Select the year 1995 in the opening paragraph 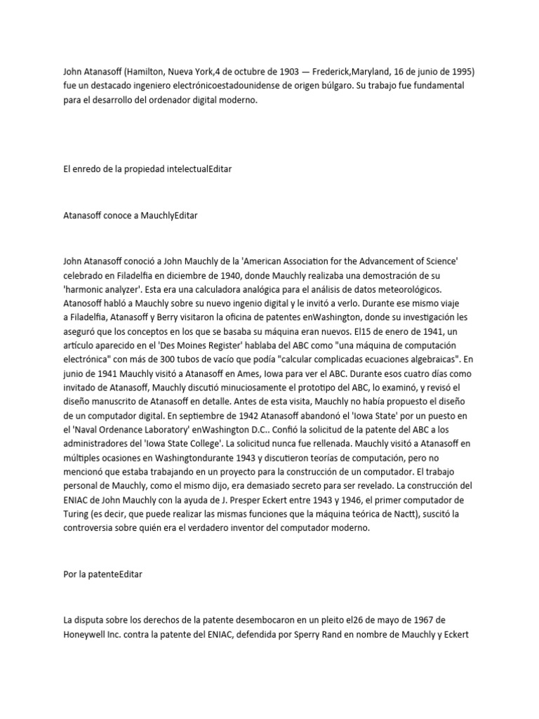pyautogui.click(x=456, y=71)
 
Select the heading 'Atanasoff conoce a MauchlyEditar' pyautogui.click(x=131, y=216)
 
